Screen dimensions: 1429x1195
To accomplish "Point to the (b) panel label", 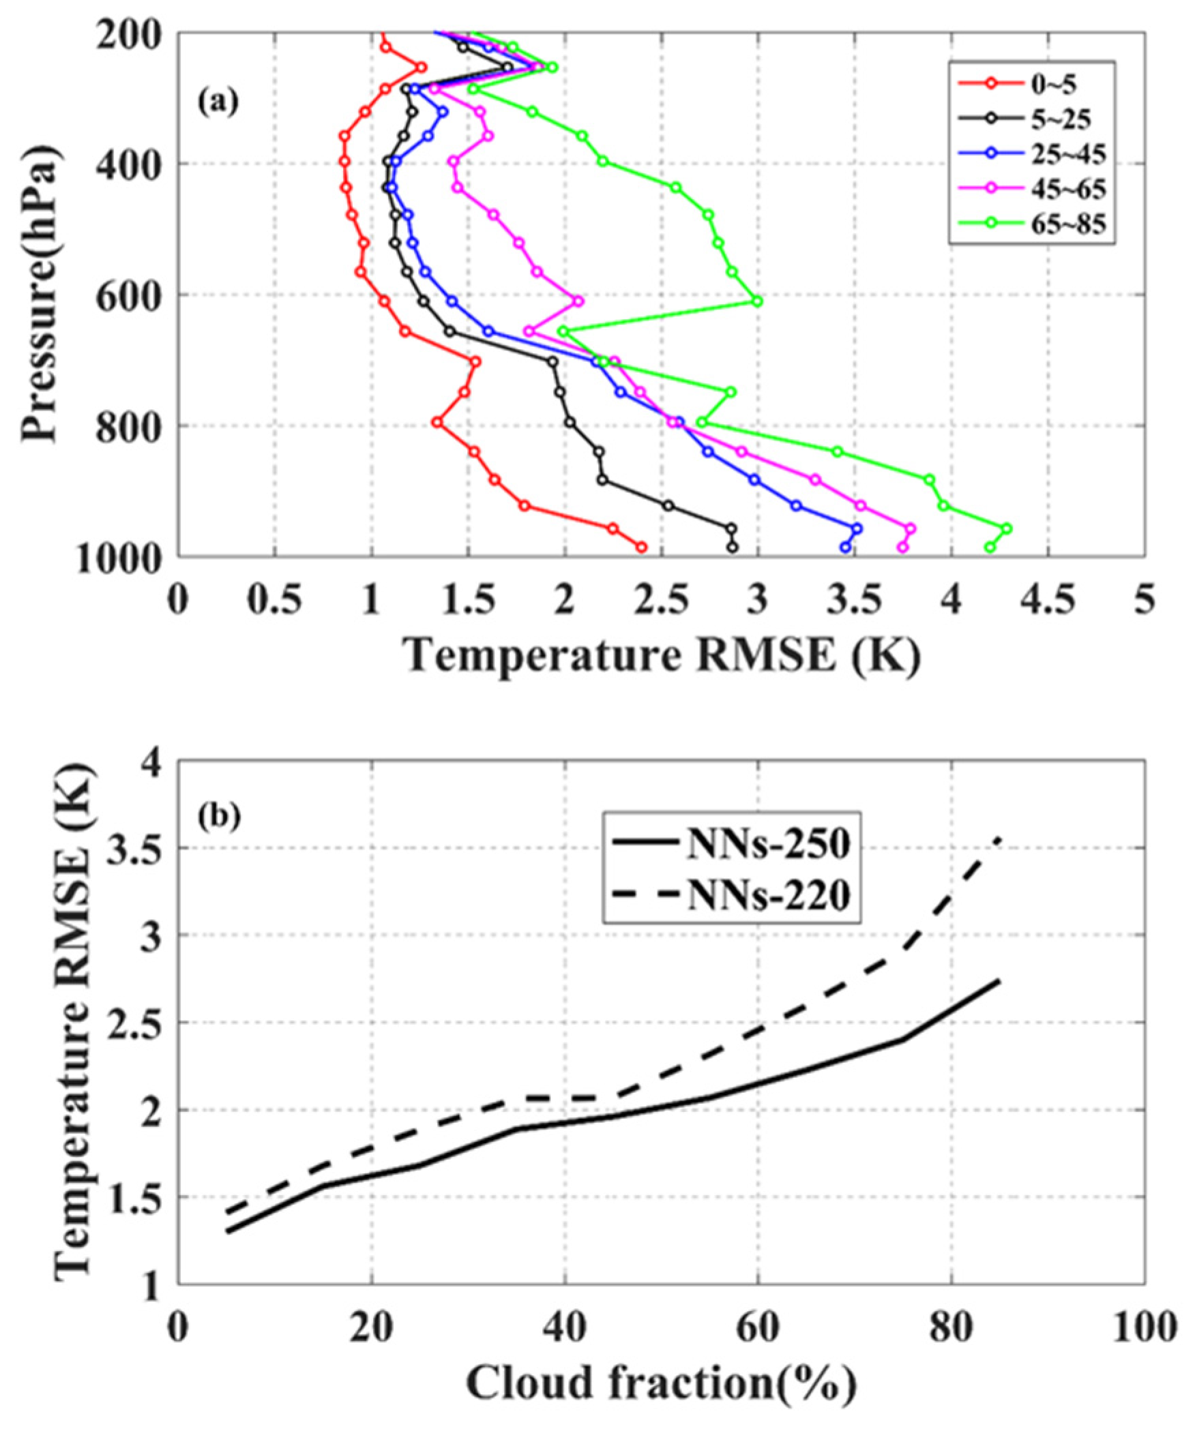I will pos(219,817).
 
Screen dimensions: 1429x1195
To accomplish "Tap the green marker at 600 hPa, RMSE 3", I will pos(756,301).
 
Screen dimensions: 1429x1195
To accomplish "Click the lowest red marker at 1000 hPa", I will pos(641,547).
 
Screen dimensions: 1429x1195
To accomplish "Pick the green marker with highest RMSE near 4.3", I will pos(1007,528).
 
